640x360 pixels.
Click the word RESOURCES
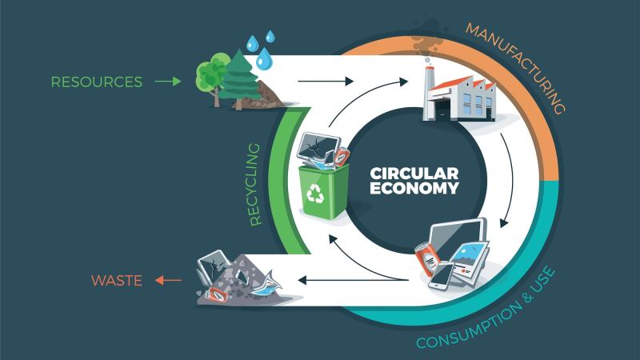(x=96, y=82)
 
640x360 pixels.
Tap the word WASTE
(x=117, y=280)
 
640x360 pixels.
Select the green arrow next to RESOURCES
(x=169, y=82)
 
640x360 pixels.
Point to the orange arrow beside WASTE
(x=167, y=280)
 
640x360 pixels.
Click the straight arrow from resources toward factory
(x=324, y=82)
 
